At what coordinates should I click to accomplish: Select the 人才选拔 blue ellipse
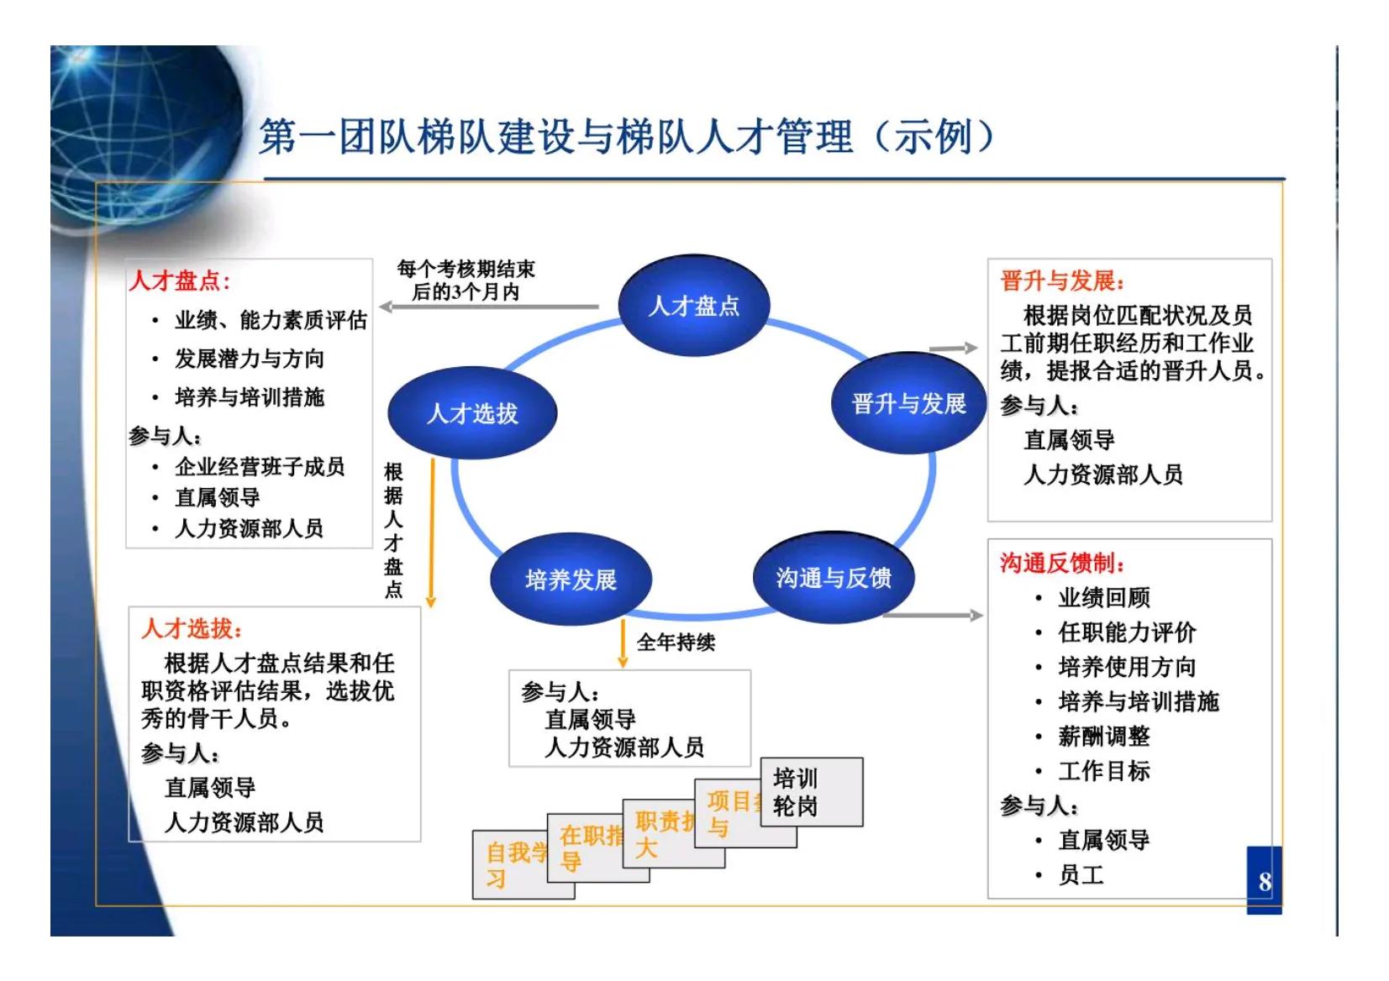[472, 413]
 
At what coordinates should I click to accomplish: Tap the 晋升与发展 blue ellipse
[908, 404]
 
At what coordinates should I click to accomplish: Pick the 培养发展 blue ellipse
[571, 580]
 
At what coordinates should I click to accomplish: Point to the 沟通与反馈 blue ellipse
[833, 578]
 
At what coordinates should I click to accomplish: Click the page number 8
[1264, 882]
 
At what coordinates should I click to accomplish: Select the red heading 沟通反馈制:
[1062, 563]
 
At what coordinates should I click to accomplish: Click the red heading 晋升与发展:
[1062, 281]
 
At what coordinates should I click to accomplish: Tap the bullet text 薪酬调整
[1103, 737]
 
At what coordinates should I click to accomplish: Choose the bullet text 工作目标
[1103, 771]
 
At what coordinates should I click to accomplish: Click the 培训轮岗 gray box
[811, 792]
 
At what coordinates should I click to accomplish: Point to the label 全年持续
[676, 643]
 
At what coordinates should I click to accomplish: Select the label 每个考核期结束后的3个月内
[466, 281]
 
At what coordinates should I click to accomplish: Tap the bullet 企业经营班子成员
[260, 467]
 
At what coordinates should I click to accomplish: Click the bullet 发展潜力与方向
[250, 359]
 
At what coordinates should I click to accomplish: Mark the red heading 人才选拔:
[192, 628]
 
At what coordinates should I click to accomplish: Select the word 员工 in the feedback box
[1081, 875]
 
